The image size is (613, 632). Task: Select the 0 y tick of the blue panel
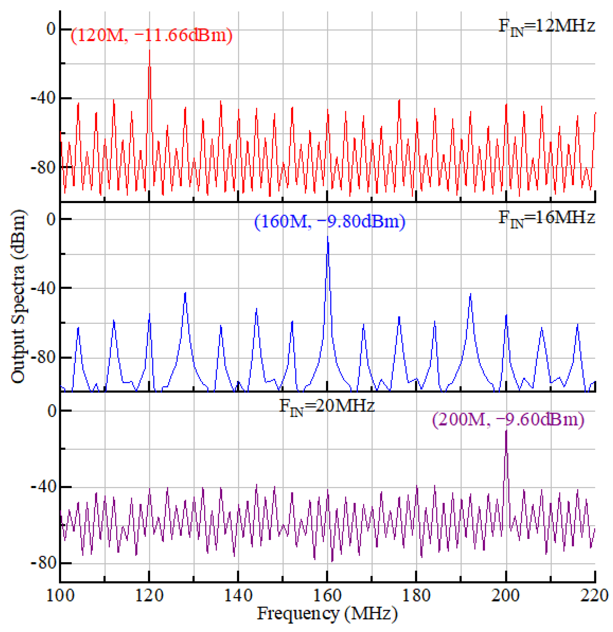point(51,219)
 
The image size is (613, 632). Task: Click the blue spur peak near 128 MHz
point(185,293)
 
